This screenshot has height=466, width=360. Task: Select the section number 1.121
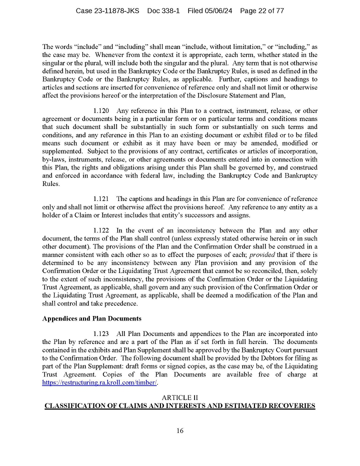[101, 198]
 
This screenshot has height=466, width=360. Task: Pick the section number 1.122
[101, 230]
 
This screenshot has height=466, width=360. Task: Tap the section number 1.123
[101, 333]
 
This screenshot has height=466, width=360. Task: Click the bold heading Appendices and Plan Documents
[92, 318]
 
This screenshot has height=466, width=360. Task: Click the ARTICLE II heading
[180, 397]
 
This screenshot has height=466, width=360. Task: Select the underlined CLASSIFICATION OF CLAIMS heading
[180, 406]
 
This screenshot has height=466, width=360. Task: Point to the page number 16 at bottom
[180, 431]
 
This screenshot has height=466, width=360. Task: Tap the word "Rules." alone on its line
[51, 183]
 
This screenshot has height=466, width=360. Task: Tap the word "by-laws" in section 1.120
[54, 159]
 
